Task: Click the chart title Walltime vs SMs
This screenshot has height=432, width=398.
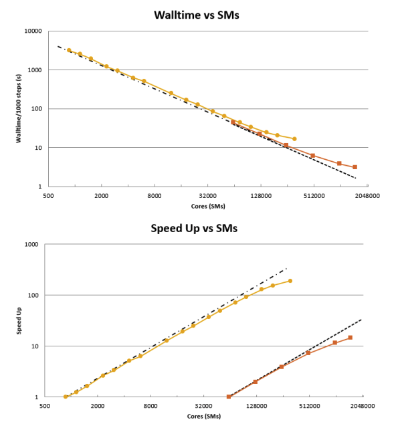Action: click(x=197, y=15)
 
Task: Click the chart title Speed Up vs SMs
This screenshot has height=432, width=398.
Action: click(x=194, y=229)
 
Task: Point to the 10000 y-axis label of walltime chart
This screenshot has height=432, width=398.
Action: click(x=33, y=31)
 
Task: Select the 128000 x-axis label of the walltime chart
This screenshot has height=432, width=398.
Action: click(x=261, y=196)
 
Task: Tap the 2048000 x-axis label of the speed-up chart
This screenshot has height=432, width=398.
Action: click(x=363, y=406)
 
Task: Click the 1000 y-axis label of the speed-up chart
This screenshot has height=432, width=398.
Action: click(x=31, y=245)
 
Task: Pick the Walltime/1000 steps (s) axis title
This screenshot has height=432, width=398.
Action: click(x=19, y=108)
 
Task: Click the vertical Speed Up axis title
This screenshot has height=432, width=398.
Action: click(x=19, y=321)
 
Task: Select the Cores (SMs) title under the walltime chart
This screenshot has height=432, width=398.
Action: click(x=208, y=207)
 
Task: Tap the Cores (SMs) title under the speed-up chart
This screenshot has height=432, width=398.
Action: click(x=204, y=417)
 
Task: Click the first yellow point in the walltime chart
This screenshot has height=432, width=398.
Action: click(x=69, y=50)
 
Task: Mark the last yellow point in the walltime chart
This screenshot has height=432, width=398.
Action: click(x=294, y=139)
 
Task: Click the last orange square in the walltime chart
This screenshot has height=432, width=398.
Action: click(x=355, y=167)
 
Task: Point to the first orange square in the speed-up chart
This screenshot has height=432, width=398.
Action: click(x=229, y=397)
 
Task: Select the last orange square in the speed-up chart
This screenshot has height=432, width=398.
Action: click(x=351, y=338)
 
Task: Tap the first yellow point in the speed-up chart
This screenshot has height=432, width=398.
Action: click(x=66, y=397)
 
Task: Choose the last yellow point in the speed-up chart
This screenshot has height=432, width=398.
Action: click(x=290, y=281)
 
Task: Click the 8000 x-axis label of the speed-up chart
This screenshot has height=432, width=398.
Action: click(x=151, y=406)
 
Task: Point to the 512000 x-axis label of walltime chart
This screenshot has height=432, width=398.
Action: click(x=314, y=196)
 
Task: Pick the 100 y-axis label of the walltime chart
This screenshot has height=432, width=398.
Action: click(x=36, y=109)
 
